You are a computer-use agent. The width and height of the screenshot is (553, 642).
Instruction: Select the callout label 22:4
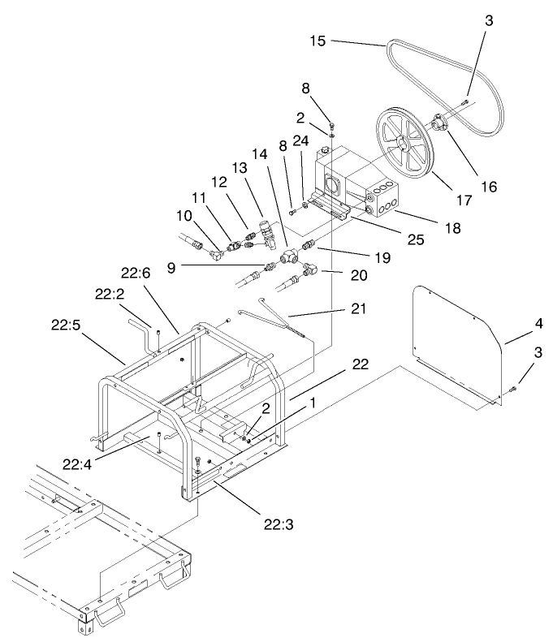click(x=76, y=463)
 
